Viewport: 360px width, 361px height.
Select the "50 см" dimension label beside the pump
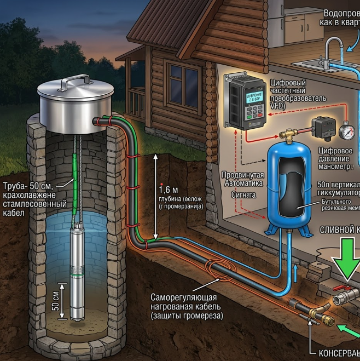coord(55,299)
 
